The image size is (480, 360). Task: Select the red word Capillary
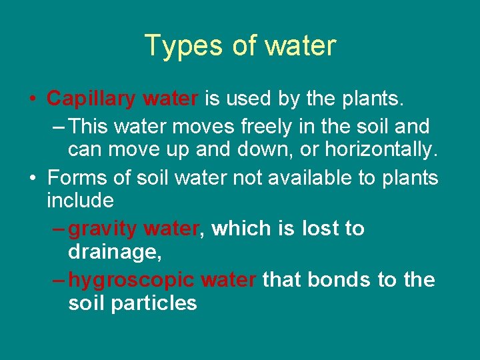(89, 99)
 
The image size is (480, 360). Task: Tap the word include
(80, 200)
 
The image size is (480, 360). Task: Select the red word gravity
(103, 229)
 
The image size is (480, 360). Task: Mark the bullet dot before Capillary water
(33, 100)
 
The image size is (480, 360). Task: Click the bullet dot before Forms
(33, 179)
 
